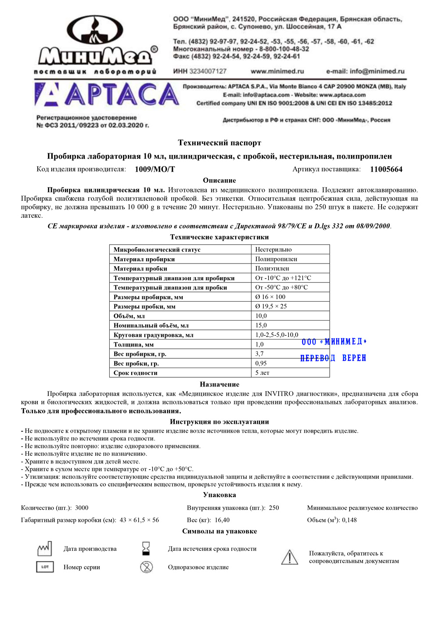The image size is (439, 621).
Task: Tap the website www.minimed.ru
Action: click(x=277, y=71)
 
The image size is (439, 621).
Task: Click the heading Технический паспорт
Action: click(x=219, y=143)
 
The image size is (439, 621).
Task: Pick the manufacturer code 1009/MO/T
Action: click(x=155, y=170)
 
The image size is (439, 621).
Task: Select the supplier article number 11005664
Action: click(x=386, y=170)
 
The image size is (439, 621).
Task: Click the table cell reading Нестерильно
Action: click(x=273, y=249)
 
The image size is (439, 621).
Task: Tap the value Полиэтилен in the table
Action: click(x=272, y=268)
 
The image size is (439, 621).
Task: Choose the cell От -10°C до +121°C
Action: click(x=283, y=278)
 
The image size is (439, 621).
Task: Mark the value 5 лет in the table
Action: click(x=263, y=373)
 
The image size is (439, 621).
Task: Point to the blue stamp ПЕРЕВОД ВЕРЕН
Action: click(x=333, y=358)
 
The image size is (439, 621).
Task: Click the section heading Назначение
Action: click(x=219, y=384)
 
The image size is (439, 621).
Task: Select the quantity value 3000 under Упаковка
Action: click(x=82, y=508)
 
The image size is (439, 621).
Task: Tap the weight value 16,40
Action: click(x=222, y=520)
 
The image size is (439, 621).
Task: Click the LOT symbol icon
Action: click(x=45, y=567)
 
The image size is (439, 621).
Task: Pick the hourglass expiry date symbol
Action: click(x=146, y=549)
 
